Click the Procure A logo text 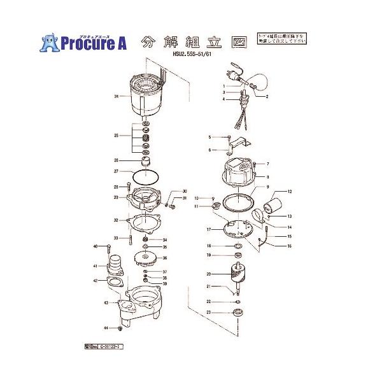click(94, 43)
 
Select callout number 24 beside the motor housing click(117, 97)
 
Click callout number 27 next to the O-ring click(117, 171)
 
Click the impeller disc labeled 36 click(146, 258)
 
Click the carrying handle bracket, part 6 click(237, 145)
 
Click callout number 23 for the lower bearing click(208, 312)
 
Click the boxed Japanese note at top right click(281, 40)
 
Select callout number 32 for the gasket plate click(116, 220)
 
